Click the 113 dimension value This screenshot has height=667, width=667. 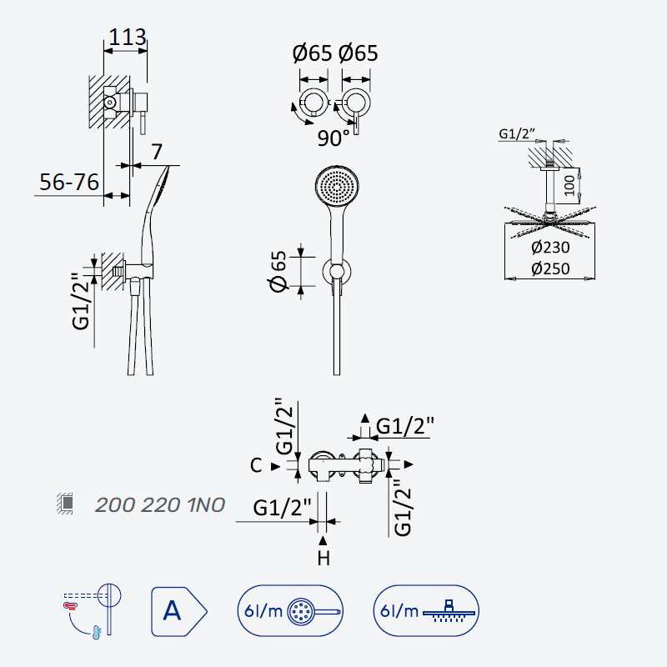(128, 38)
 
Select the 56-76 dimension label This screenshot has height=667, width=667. (69, 182)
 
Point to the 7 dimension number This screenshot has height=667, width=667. (157, 152)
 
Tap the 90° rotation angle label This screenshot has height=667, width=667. (333, 138)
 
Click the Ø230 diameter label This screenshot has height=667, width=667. (550, 247)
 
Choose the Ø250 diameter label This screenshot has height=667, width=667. (550, 268)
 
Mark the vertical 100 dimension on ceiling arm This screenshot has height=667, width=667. (569, 185)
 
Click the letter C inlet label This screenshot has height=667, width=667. (256, 465)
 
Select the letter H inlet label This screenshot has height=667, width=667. (323, 558)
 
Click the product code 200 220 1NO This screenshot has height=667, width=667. (160, 505)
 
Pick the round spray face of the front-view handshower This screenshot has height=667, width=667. (337, 186)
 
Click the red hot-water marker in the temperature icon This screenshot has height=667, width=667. (70, 605)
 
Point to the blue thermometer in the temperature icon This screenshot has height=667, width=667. (97, 633)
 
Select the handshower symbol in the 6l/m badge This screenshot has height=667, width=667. (314, 612)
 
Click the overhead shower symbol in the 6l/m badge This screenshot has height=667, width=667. (449, 611)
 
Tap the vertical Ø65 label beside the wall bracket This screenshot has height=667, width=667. (279, 272)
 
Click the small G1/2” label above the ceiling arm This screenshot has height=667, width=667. (516, 134)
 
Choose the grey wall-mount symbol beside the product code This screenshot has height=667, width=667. (65, 504)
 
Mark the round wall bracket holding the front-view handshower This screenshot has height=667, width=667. (337, 272)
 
